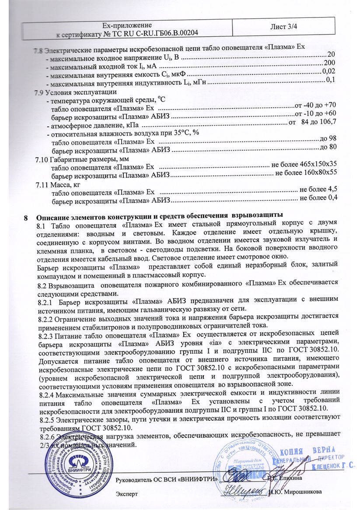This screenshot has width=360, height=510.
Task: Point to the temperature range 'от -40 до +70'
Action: [316, 105]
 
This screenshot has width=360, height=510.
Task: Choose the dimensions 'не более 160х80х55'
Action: [306, 172]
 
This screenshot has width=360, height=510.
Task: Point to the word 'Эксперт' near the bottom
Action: [126, 493]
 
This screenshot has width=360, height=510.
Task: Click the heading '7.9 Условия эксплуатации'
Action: [75, 92]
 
